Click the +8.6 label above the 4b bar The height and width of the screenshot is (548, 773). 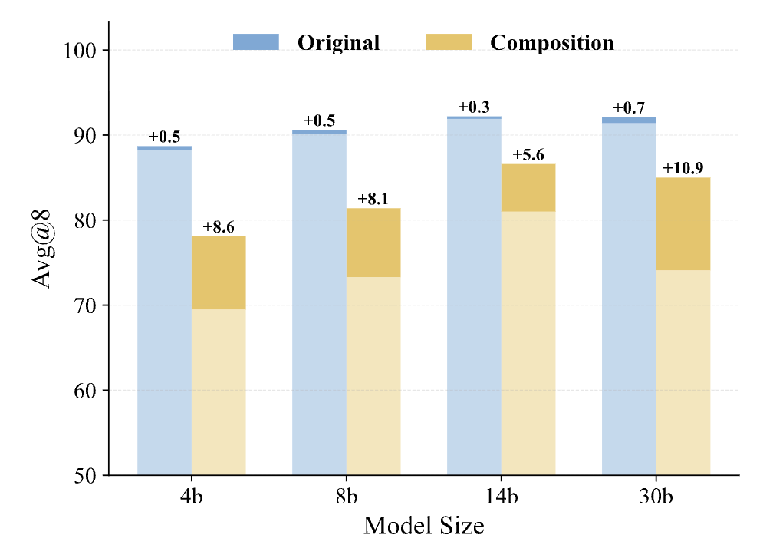[219, 227]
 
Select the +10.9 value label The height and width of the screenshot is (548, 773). [683, 169]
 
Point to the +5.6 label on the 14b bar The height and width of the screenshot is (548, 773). [528, 155]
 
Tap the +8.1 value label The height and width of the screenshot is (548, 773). [373, 200]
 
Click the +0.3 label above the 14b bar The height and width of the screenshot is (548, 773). [474, 107]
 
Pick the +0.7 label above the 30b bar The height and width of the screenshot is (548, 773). [629, 108]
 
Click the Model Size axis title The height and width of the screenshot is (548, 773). [423, 527]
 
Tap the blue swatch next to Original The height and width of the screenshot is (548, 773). [256, 42]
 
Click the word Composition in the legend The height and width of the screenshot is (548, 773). [552, 42]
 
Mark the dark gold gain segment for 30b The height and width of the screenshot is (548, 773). [683, 224]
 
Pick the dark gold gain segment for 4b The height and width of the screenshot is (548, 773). [219, 272]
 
